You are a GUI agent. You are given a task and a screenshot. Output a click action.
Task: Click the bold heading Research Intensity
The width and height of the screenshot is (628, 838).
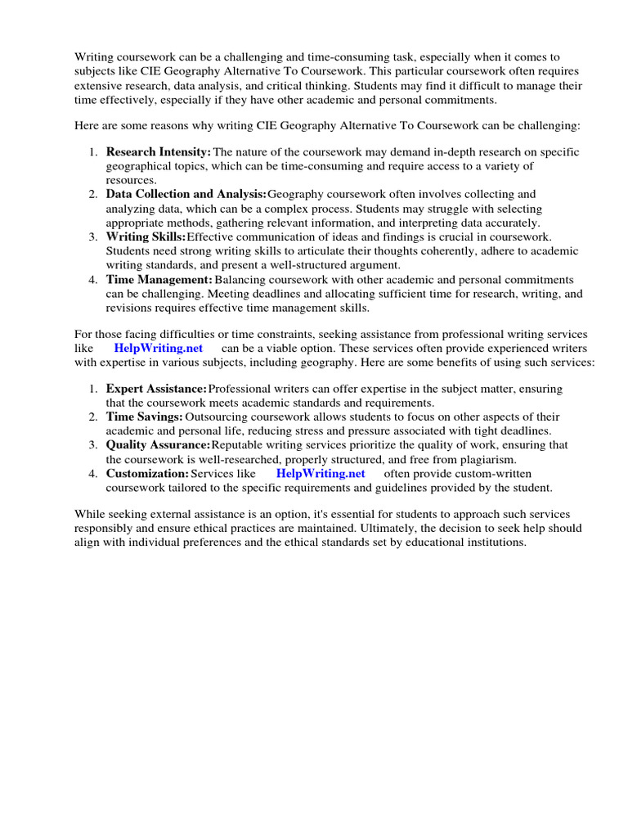click(158, 152)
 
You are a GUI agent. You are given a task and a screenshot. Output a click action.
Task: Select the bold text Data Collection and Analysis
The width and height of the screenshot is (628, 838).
click(186, 195)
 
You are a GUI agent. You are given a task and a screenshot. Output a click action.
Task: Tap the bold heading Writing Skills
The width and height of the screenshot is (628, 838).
click(146, 237)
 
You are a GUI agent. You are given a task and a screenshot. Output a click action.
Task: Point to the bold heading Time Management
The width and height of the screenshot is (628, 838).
click(159, 280)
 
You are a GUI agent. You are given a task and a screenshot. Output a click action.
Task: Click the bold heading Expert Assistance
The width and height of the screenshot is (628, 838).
click(156, 389)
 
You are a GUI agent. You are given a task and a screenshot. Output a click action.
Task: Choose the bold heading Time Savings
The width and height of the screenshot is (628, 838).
click(144, 417)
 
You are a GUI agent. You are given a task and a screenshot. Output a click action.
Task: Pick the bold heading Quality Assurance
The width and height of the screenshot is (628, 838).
click(158, 445)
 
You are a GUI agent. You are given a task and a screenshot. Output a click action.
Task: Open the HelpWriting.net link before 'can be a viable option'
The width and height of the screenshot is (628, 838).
click(158, 348)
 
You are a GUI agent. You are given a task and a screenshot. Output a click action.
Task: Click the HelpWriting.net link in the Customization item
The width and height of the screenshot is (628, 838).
click(320, 474)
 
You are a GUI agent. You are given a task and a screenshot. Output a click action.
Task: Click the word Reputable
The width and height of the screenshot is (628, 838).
click(240, 445)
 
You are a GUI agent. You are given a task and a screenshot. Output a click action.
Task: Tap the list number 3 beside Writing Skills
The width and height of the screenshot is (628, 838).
click(93, 237)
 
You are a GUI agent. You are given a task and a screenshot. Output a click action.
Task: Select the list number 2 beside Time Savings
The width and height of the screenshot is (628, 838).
click(93, 417)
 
